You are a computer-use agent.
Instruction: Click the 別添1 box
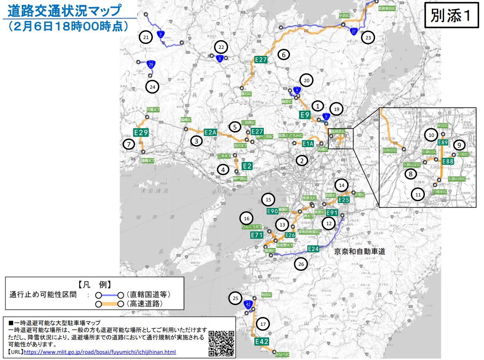coord(451,16)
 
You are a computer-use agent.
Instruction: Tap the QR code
coord(222,343)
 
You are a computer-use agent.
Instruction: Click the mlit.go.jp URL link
coord(100,352)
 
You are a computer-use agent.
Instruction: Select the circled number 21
coord(146,37)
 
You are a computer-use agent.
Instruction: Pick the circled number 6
coord(283,54)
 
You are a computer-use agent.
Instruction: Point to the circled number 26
coord(301,264)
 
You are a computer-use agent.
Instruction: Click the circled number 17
coord(263,324)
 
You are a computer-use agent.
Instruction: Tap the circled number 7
coord(129,144)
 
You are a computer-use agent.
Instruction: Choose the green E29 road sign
coord(141,133)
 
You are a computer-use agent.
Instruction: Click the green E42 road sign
coord(261,342)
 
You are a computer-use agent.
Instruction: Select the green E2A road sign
coord(210,132)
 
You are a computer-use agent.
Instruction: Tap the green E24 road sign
coord(313,249)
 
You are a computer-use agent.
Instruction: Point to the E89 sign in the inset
coord(443,143)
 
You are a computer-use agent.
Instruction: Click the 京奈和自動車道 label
coord(360,251)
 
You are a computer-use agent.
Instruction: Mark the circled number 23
coord(368,38)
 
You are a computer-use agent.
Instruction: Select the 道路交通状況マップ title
coord(65,9)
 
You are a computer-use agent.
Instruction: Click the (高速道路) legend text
coord(144,304)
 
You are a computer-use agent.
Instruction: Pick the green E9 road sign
coord(304,115)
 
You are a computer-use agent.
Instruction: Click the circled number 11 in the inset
coord(418,194)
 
